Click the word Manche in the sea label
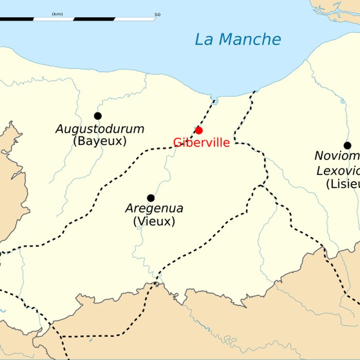click(x=252, y=40)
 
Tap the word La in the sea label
click(x=204, y=40)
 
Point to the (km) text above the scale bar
click(x=57, y=14)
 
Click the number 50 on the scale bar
click(x=157, y=14)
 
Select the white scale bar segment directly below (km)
click(x=53, y=19)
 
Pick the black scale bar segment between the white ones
click(x=94, y=19)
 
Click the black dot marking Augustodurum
click(x=98, y=116)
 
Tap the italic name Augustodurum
click(x=100, y=129)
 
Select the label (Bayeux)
click(x=100, y=141)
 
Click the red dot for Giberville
click(x=199, y=130)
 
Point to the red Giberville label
click(x=201, y=143)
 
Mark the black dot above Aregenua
click(x=151, y=198)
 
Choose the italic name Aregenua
click(x=154, y=209)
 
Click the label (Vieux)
click(x=154, y=222)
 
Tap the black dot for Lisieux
click(x=347, y=146)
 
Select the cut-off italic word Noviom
click(x=337, y=156)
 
